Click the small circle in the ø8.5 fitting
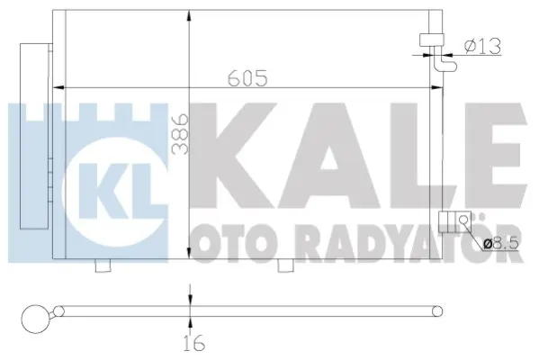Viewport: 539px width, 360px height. pos(463,218)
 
